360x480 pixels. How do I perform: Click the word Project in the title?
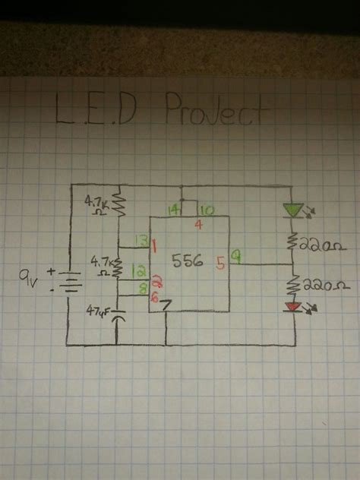coord(216,113)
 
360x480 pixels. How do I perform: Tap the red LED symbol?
coord(293,307)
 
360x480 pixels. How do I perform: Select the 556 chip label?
coord(187,261)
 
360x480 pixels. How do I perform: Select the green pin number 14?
coord(174,210)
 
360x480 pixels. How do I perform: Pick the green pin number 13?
coord(140,242)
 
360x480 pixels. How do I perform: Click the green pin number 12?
coord(138,270)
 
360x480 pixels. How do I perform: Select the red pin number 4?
coord(198,224)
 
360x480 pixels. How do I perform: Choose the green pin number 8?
coord(142,287)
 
